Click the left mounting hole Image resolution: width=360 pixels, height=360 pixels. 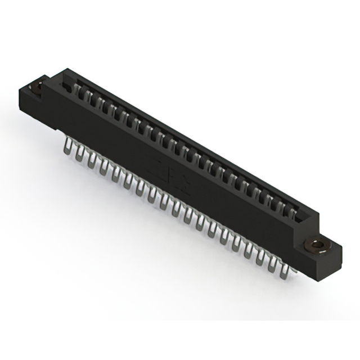click(x=39, y=87)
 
